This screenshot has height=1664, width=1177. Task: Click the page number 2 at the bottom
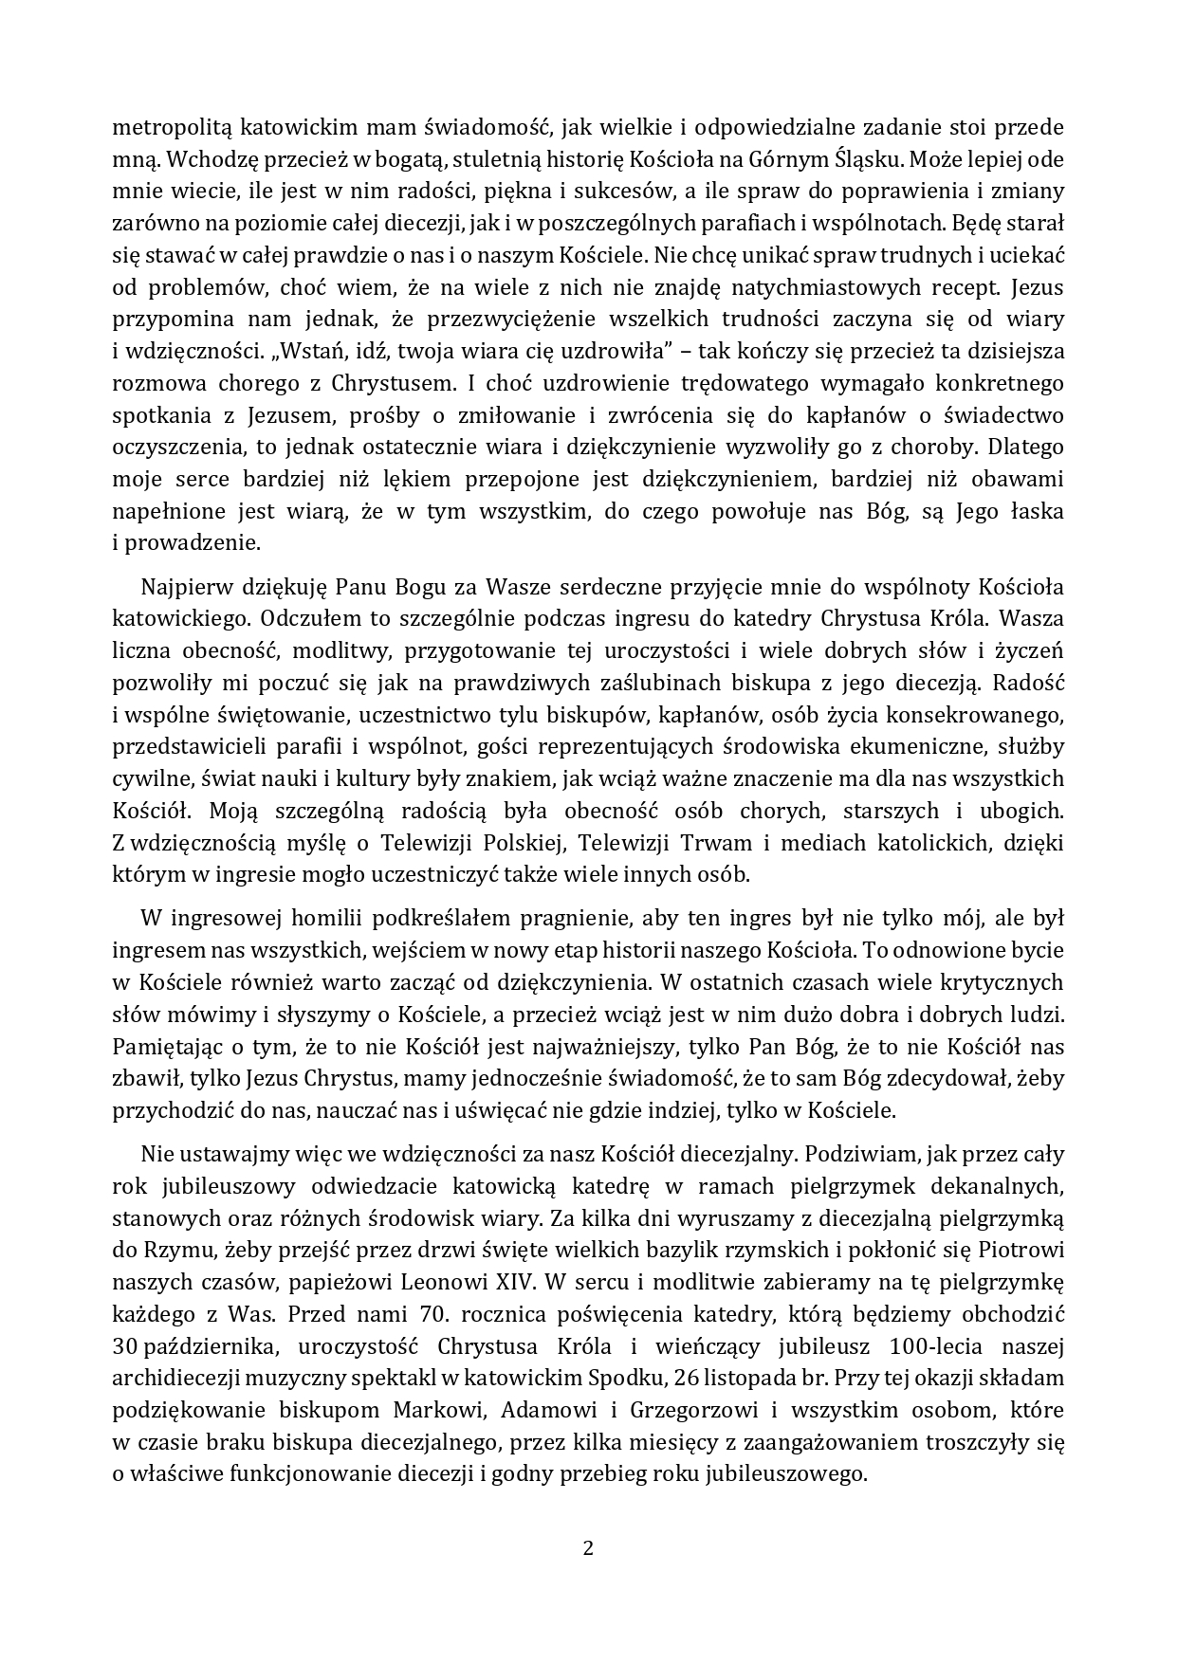click(588, 1549)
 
